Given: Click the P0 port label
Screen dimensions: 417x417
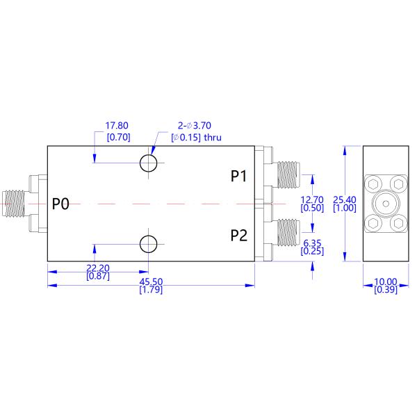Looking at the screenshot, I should point(61,204).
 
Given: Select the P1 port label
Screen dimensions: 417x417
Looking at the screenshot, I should point(239,177).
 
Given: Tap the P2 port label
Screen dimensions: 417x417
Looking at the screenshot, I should point(239,235).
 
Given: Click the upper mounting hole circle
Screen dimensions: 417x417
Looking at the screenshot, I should point(148,163).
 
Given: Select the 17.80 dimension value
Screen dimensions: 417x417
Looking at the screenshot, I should point(117,126).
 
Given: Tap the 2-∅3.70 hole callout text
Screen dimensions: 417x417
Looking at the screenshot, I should point(196,126).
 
